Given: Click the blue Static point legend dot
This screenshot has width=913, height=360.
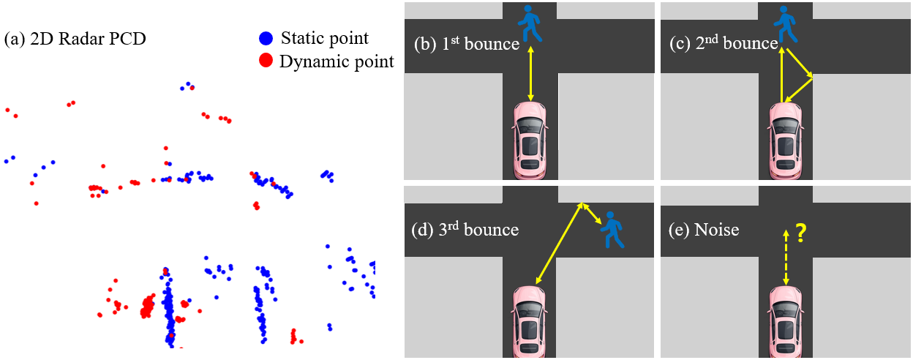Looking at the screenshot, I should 266,38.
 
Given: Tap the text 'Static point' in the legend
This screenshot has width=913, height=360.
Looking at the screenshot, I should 325,38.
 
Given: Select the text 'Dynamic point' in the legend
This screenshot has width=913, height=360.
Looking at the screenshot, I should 337,61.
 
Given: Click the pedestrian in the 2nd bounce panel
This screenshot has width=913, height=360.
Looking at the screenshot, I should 786,23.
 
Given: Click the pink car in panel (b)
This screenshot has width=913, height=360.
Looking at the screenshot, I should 530,139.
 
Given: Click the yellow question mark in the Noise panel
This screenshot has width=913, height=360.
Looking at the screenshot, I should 801,233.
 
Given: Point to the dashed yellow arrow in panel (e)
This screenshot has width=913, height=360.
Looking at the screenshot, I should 786,257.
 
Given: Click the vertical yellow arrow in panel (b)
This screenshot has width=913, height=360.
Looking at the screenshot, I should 530,74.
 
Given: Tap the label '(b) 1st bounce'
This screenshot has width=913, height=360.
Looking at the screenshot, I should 466,44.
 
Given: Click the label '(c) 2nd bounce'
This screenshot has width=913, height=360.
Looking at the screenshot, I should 724,44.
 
